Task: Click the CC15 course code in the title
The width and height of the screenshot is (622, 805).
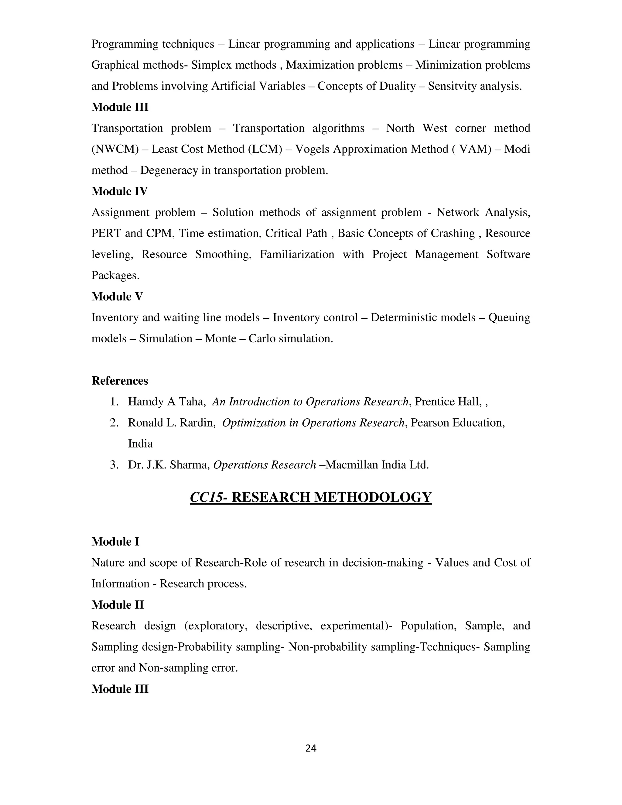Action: point(206,497)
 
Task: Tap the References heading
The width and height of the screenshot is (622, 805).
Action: point(119,381)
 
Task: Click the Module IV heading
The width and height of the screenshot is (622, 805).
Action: point(119,191)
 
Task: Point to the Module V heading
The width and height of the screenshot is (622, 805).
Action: point(117,296)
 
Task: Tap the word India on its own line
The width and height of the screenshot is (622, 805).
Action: point(140,444)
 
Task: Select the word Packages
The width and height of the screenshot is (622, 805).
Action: point(115,275)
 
